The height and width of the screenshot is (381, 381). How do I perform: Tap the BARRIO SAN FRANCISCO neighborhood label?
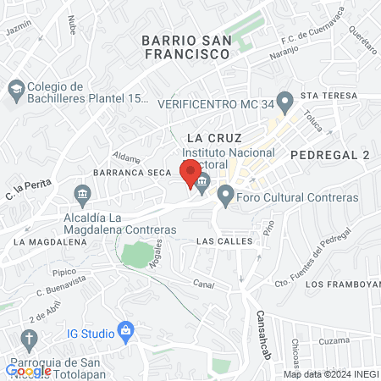pyautogui.click(x=186, y=47)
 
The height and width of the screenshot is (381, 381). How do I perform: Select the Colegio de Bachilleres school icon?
pyautogui.click(x=15, y=89)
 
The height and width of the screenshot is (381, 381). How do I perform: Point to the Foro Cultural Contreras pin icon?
pyautogui.click(x=225, y=197)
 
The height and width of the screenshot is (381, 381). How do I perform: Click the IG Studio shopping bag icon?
pyautogui.click(x=125, y=329)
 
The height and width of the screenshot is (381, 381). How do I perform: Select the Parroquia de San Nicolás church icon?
pyautogui.click(x=29, y=341)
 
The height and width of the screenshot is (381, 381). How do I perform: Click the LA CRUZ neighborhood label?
pyautogui.click(x=214, y=137)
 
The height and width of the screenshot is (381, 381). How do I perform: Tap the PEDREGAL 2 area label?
pyautogui.click(x=330, y=155)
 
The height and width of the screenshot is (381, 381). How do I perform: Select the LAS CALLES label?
pyautogui.click(x=224, y=241)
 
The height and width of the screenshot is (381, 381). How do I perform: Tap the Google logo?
pyautogui.click(x=29, y=370)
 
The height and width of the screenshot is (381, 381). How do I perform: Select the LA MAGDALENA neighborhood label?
pyautogui.click(x=50, y=241)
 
